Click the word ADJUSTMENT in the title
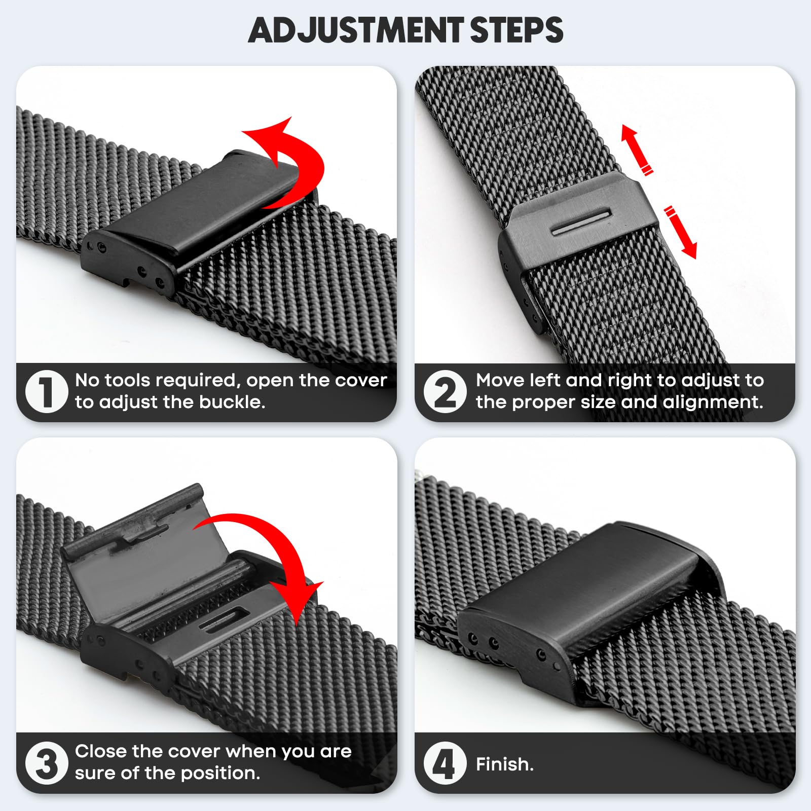coord(356,30)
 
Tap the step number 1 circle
coord(47,391)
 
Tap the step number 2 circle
coord(446,391)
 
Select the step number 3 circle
coord(47,763)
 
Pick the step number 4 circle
coord(446,763)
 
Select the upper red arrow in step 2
coord(637,149)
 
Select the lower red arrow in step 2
coord(681,232)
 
